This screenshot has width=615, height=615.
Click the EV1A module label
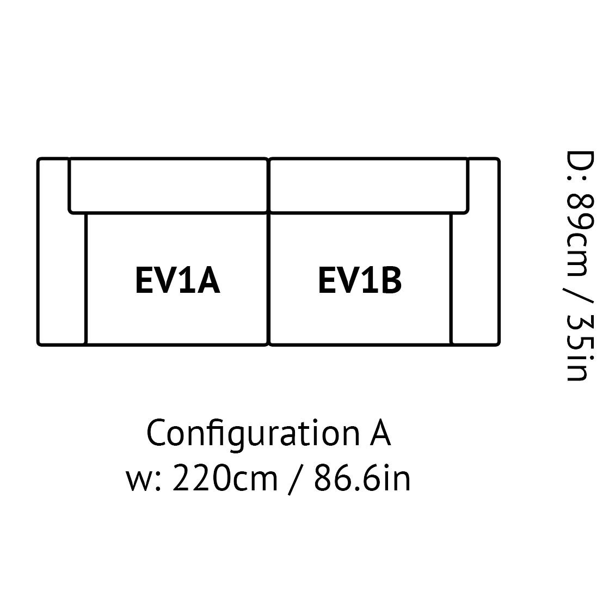pyautogui.click(x=177, y=280)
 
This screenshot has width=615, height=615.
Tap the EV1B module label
pyautogui.click(x=360, y=280)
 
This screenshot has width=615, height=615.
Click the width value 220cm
pyautogui.click(x=225, y=478)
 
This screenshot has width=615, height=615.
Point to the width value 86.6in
pyautogui.click(x=362, y=478)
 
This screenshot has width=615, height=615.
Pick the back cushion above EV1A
pyautogui.click(x=168, y=186)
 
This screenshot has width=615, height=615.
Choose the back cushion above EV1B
pyautogui.click(x=369, y=186)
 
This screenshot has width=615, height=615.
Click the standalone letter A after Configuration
pyautogui.click(x=380, y=433)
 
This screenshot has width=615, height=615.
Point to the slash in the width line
pyautogui.click(x=295, y=479)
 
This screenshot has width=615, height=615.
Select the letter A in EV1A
pyautogui.click(x=208, y=280)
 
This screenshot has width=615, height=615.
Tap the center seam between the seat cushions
pyautogui.click(x=269, y=279)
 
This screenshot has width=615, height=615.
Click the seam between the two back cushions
pyautogui.click(x=269, y=186)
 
